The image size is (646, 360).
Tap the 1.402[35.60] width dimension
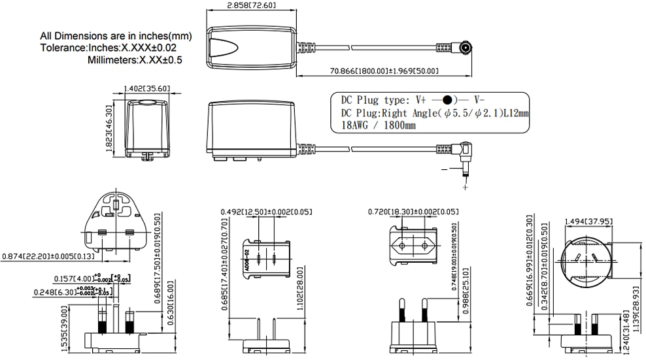pyautogui.click(x=147, y=89)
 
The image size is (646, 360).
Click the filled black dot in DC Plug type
pyautogui.click(x=447, y=101)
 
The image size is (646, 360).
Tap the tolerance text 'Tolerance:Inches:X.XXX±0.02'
pyautogui.click(x=108, y=48)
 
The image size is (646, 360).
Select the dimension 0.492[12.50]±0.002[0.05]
pyautogui.click(x=265, y=212)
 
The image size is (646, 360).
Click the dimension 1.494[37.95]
pyautogui.click(x=586, y=221)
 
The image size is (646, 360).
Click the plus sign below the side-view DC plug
pyautogui.click(x=466, y=188)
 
